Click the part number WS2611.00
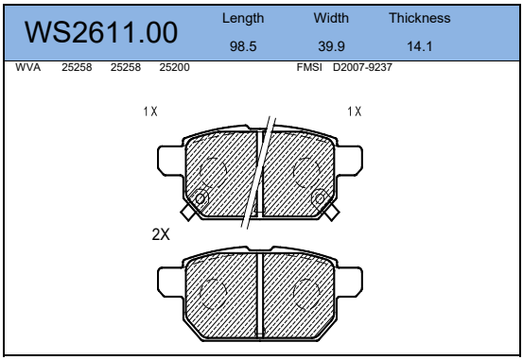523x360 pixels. [101, 32]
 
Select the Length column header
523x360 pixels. [243, 18]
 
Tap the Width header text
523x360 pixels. [331, 18]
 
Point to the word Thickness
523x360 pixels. [419, 18]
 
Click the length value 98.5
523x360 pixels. [243, 46]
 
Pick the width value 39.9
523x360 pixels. [331, 46]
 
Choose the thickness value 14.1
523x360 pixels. [419, 46]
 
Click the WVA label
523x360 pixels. [28, 67]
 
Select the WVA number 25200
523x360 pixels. [174, 67]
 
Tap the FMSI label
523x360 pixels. [309, 67]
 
